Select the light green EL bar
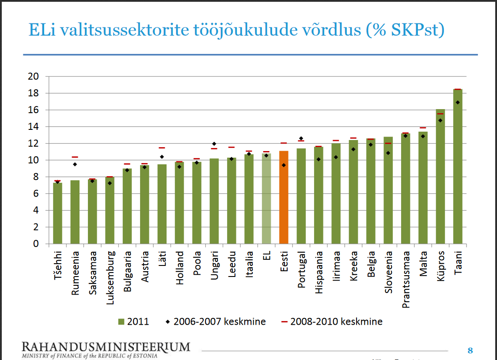[x=266, y=198]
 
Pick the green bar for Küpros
[x=440, y=176]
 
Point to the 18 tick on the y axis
[x=34, y=93]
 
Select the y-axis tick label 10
[x=34, y=160]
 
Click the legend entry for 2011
[x=133, y=322]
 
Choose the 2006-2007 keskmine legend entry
[x=214, y=322]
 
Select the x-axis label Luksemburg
[x=110, y=278]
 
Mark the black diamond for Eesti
[x=284, y=165]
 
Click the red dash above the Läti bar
[x=162, y=148]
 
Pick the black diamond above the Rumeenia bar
[x=75, y=164]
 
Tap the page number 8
[x=470, y=351]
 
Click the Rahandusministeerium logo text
[x=106, y=346]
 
